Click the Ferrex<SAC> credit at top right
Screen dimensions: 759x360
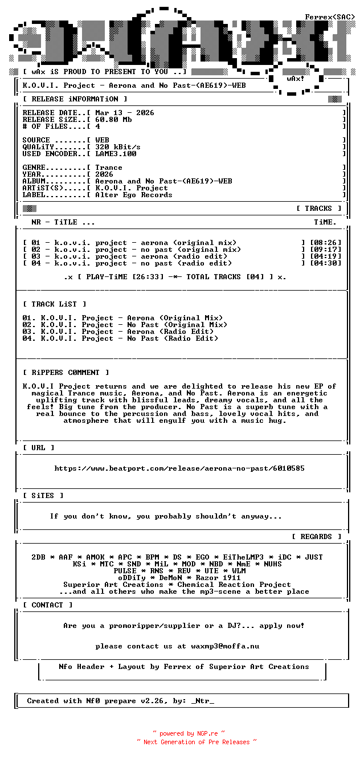point(330,17)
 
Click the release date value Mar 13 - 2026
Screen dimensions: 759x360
point(124,113)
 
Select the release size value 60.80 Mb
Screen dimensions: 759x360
point(113,120)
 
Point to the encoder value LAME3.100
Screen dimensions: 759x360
point(116,154)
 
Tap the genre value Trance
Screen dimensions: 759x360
point(108,168)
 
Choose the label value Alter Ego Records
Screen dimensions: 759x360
point(133,195)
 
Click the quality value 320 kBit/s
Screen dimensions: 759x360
point(117,147)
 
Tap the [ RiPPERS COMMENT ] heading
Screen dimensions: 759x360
point(66,373)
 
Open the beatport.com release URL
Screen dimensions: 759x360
point(179,468)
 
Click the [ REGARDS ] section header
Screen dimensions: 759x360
point(316,537)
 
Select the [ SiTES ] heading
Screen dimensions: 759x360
point(43,496)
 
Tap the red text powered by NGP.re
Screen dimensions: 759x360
point(189,733)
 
